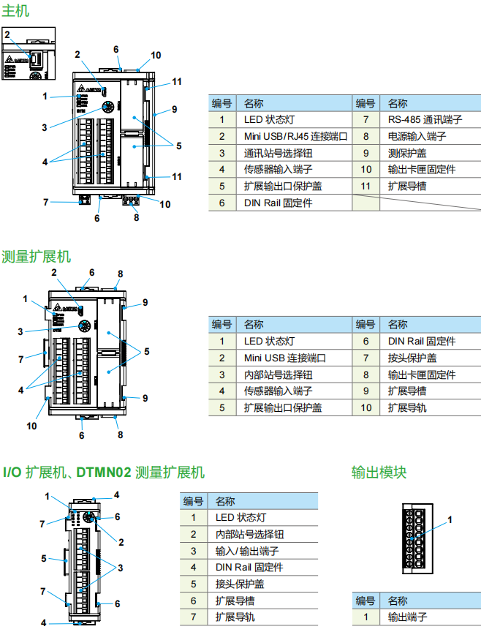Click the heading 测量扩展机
click(x=37, y=257)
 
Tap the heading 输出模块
click(x=379, y=472)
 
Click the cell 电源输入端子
click(x=417, y=136)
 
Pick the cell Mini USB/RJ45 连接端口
click(x=295, y=136)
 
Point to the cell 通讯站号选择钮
click(x=279, y=153)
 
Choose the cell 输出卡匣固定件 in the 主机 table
click(x=422, y=170)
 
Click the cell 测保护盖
click(x=407, y=153)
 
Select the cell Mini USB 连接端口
click(x=285, y=358)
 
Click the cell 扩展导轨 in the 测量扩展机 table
click(x=407, y=407)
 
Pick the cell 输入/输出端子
click(x=248, y=551)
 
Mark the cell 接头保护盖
click(x=240, y=584)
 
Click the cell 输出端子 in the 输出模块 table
click(x=407, y=617)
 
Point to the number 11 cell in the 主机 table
click(x=366, y=187)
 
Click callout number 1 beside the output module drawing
click(x=450, y=519)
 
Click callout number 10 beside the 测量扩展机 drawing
click(x=32, y=425)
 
